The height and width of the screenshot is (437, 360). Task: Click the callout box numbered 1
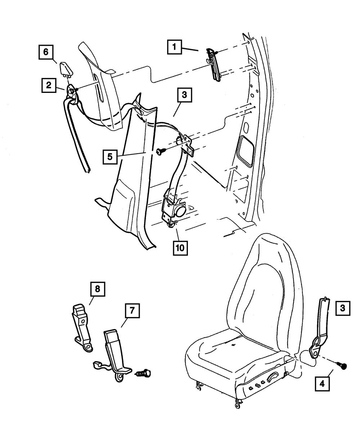174,47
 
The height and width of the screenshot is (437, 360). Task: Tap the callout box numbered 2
48,85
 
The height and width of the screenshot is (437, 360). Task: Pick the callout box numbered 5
110,156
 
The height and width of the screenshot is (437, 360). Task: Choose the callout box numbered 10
180,247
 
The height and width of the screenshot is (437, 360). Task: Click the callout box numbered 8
97,289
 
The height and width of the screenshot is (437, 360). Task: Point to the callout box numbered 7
132,311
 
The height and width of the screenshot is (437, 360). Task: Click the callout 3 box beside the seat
342,308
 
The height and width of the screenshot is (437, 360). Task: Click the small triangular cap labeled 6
66,68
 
